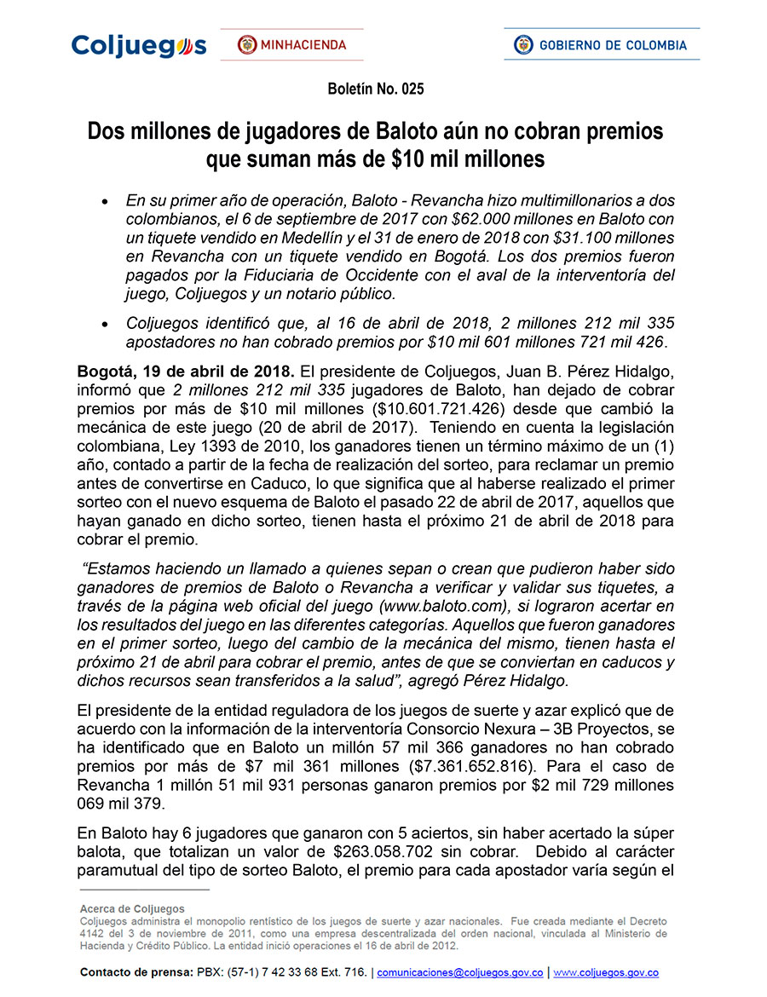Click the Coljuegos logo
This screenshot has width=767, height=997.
point(139,45)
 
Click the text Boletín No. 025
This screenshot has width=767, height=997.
point(376,89)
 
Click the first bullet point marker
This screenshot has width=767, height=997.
point(104,202)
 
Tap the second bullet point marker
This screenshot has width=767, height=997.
point(104,325)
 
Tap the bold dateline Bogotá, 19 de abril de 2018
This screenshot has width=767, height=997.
point(186,372)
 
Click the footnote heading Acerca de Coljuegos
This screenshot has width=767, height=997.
point(132,909)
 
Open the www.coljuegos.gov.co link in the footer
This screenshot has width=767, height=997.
point(606,972)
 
